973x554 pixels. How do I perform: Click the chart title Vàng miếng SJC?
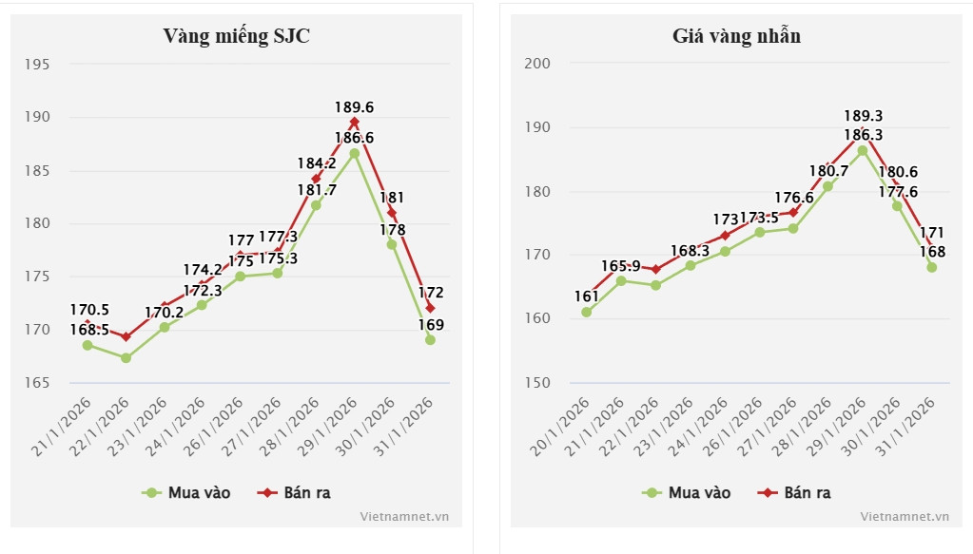[x=236, y=36]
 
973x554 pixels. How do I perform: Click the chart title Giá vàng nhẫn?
[x=736, y=36]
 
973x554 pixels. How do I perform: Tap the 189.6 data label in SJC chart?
[x=354, y=107]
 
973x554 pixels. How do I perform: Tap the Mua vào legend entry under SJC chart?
[x=186, y=492]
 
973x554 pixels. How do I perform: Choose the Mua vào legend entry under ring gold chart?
[x=687, y=492]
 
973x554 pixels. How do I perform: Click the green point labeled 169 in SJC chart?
[x=430, y=339]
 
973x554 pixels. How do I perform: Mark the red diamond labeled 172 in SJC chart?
[x=430, y=308]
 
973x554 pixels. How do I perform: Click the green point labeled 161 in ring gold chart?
[x=587, y=312]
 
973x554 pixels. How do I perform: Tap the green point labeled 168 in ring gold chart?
[x=932, y=267]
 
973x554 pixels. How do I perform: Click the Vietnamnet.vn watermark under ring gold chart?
[x=905, y=516]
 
